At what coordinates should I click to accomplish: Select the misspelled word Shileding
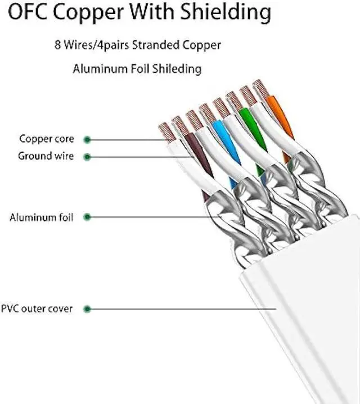point(175,69)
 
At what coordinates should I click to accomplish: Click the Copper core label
point(47,139)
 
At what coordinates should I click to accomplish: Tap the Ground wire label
point(46,156)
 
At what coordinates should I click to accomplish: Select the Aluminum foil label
point(41,217)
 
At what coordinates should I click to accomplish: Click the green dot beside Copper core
point(87,139)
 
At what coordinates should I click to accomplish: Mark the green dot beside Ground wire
point(87,157)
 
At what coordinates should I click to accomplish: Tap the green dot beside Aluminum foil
point(86,217)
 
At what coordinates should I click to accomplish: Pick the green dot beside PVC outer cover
point(86,308)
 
